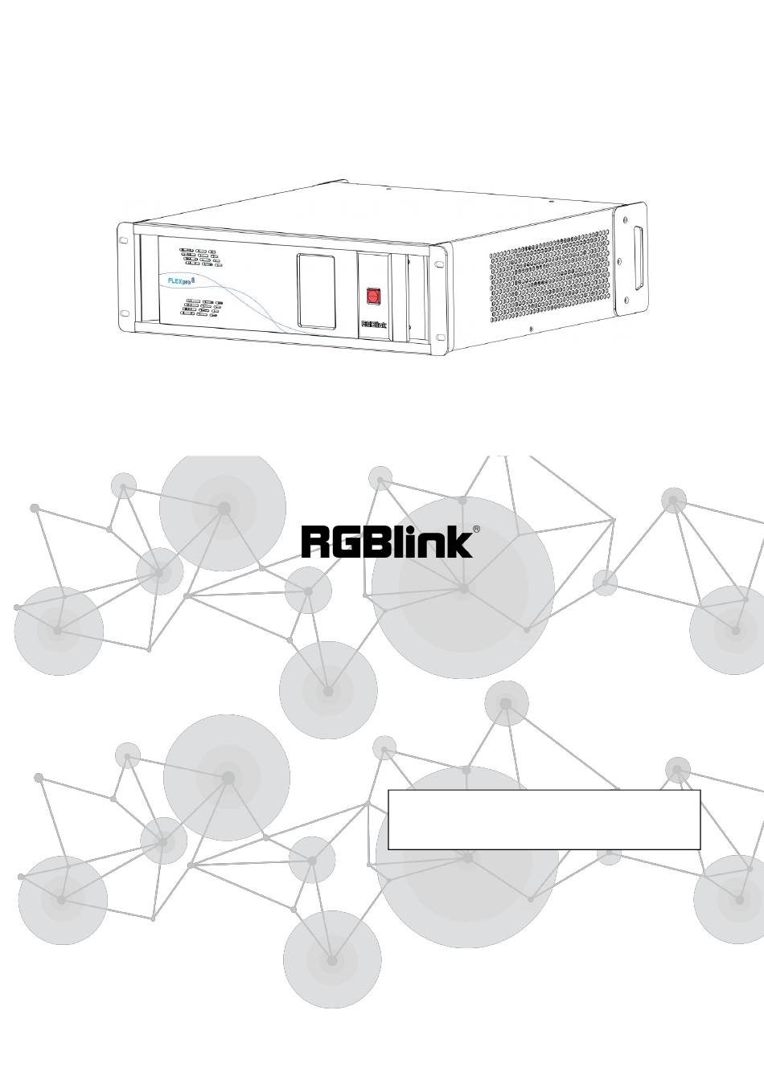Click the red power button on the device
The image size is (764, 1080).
[372, 296]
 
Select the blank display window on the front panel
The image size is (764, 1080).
[317, 291]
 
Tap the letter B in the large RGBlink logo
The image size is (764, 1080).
[388, 542]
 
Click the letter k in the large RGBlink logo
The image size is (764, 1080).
[462, 542]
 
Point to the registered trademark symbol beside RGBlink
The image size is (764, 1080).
[476, 530]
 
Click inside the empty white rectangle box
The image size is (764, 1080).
[544, 819]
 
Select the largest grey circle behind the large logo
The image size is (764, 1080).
[462, 587]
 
